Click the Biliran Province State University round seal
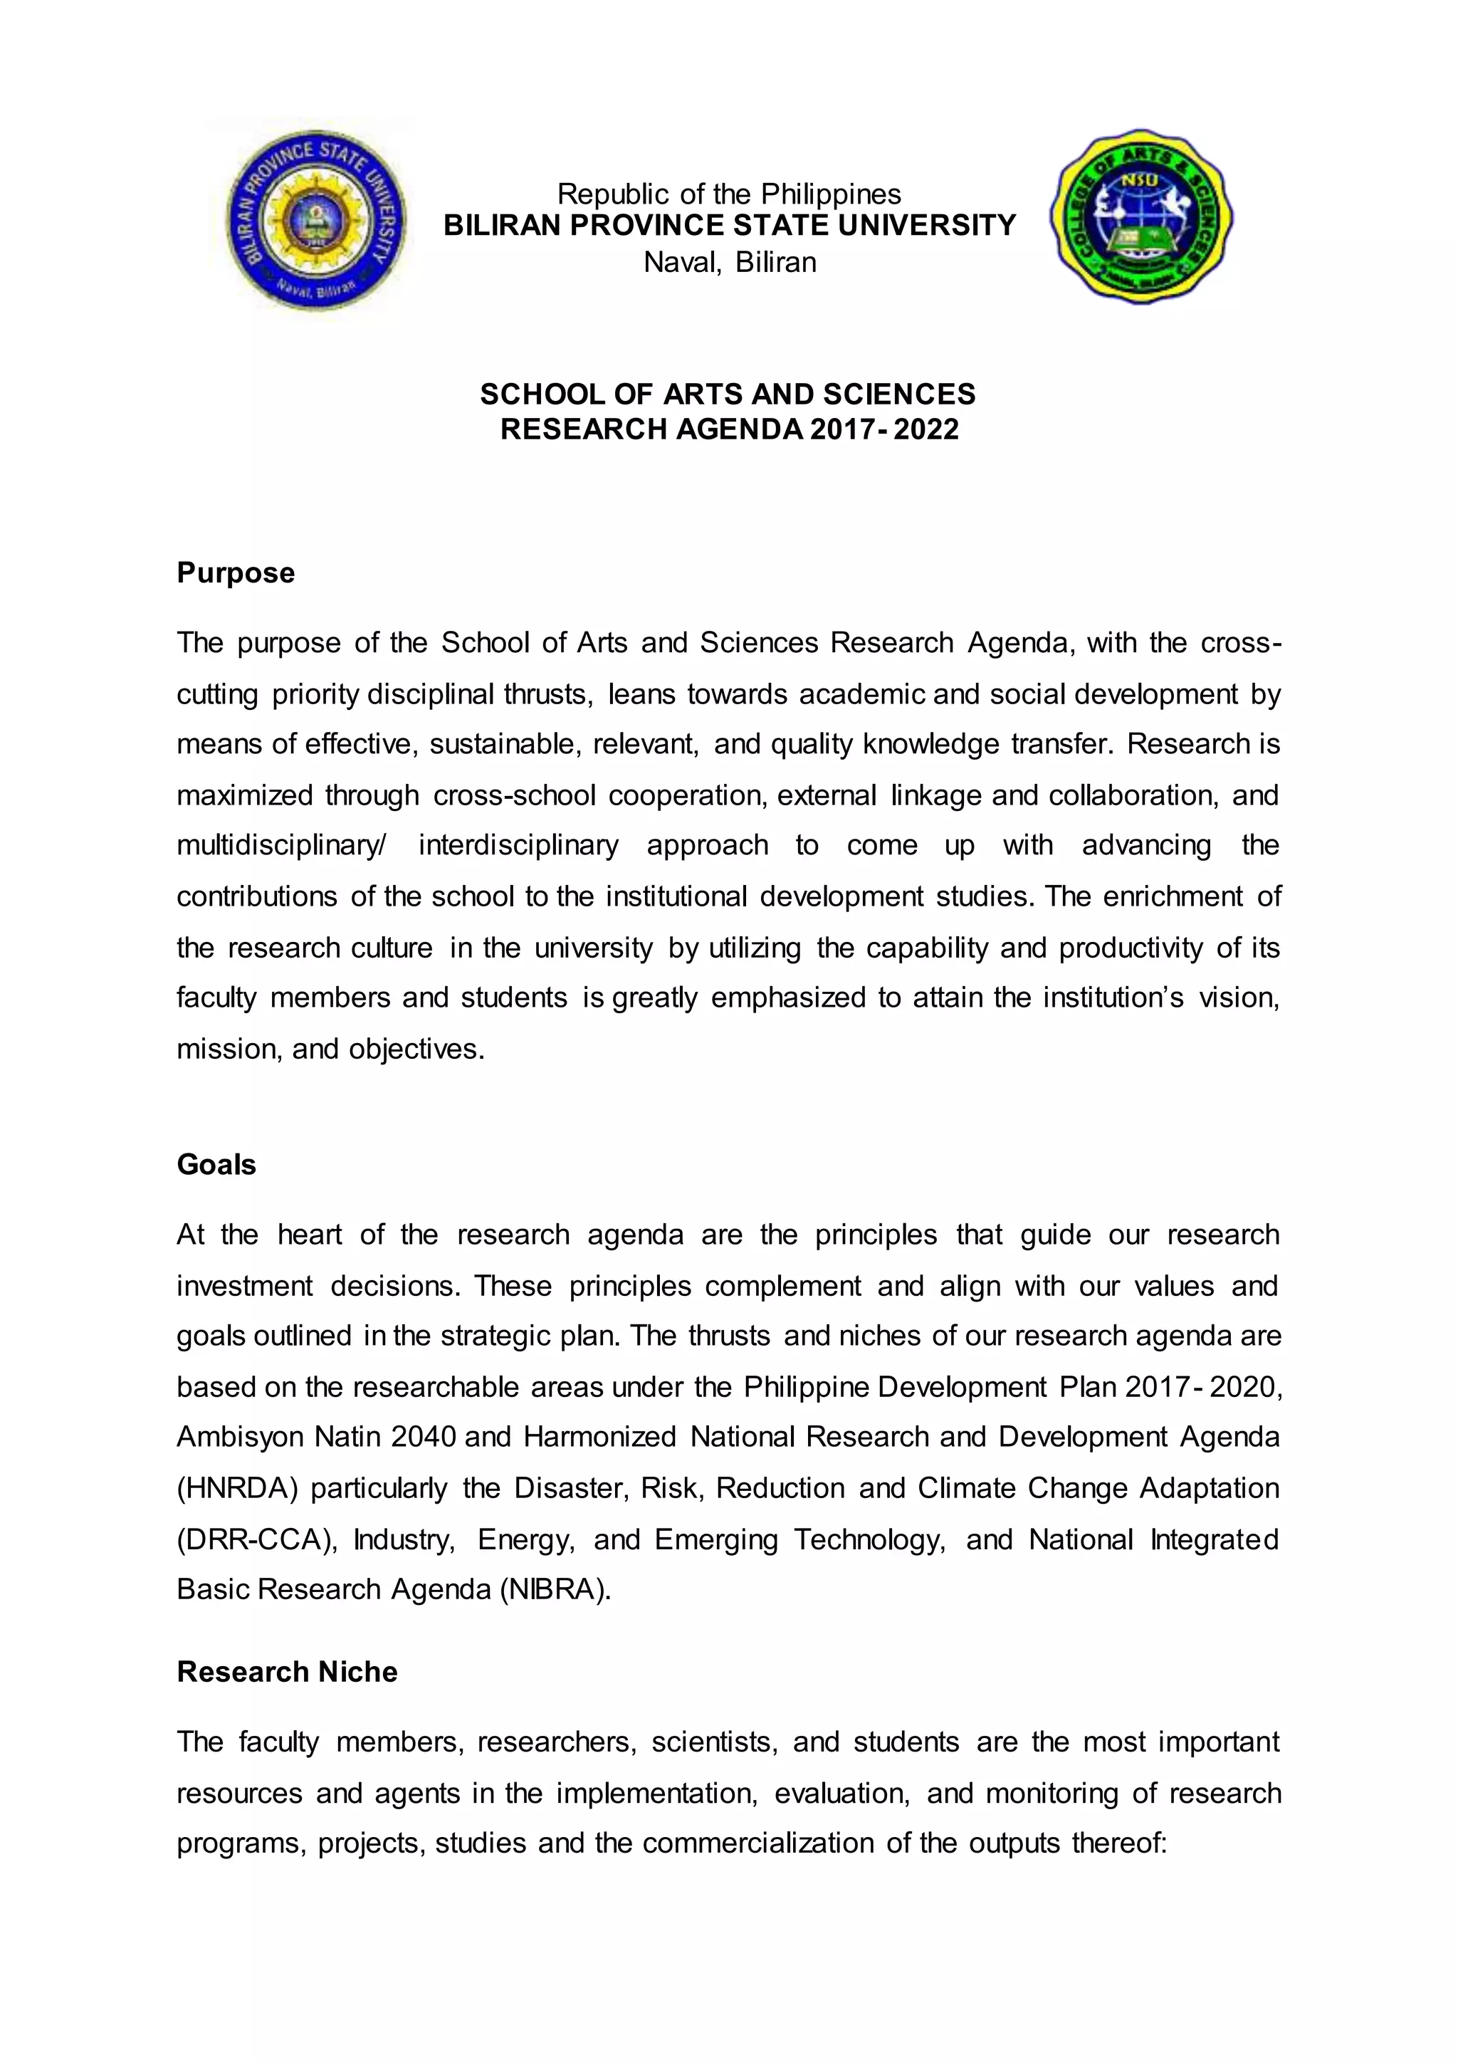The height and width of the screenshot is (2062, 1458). (316, 221)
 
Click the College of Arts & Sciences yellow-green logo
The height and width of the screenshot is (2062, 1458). (1141, 219)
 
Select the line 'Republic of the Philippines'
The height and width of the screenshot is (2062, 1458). (729, 194)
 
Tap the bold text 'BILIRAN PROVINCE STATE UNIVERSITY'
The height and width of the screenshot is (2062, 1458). (729, 226)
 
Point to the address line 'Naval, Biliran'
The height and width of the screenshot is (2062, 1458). (729, 262)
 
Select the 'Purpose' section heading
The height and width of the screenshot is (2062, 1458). (235, 573)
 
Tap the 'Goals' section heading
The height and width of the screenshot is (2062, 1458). (216, 1165)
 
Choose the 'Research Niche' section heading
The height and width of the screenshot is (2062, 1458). (286, 1673)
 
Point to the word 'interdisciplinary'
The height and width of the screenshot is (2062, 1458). (518, 846)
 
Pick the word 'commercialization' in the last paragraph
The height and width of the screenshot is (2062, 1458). (757, 1843)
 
